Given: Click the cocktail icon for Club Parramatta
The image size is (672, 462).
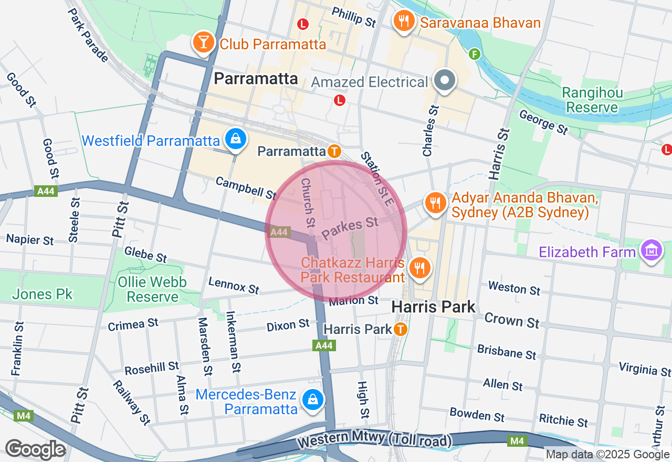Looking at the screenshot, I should point(203,43).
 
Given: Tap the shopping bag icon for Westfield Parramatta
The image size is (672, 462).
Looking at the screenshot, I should point(236,140).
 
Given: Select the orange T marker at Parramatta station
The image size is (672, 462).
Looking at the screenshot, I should point(334,151).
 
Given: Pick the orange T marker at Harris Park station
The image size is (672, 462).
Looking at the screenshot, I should point(400,329).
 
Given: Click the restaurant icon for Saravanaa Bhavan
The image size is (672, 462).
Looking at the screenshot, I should point(403,22).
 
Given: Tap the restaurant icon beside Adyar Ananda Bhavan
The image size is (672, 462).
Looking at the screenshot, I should point(435,203).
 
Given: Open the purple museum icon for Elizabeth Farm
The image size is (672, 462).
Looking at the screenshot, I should point(652,250).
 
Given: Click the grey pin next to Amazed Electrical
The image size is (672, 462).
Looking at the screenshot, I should point(445,81).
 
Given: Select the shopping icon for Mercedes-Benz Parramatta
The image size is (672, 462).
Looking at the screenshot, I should point(313,400).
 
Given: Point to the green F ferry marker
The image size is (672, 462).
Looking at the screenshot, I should point(475,54).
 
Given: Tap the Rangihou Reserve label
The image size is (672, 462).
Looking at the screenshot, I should point(592,100).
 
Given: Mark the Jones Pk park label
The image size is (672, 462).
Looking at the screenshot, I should point(43,294).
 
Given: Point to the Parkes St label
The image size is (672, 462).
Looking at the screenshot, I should point(350,228).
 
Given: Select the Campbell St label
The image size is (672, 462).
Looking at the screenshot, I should point(246,187).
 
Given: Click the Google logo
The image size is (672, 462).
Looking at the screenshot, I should point(35,449).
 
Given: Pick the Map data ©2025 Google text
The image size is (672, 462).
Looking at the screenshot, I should point(607,455).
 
